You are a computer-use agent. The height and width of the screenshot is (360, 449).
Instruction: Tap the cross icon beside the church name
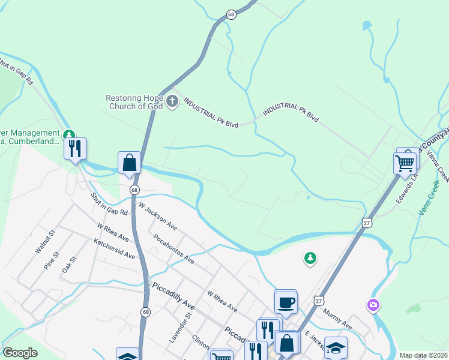coord(173,101)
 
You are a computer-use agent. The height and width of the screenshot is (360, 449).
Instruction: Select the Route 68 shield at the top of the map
coord(231,14)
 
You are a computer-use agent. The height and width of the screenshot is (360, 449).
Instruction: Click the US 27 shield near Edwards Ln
coord(368,223)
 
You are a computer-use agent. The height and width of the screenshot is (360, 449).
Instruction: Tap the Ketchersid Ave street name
coord(114,248)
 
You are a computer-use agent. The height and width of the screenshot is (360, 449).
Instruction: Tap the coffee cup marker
coord(286,302)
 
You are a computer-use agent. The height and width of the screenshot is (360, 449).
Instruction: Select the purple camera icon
coord(373,305)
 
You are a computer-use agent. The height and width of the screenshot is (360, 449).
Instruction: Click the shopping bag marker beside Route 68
coord(129,163)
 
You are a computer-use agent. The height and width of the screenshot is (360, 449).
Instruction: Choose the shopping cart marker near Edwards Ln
coord(405,163)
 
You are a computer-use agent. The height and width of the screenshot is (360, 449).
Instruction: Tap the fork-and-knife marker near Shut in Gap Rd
coord(75,148)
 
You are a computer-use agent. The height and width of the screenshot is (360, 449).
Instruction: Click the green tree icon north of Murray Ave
coord(310,258)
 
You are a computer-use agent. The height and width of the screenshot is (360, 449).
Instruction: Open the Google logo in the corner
coord(20,353)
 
